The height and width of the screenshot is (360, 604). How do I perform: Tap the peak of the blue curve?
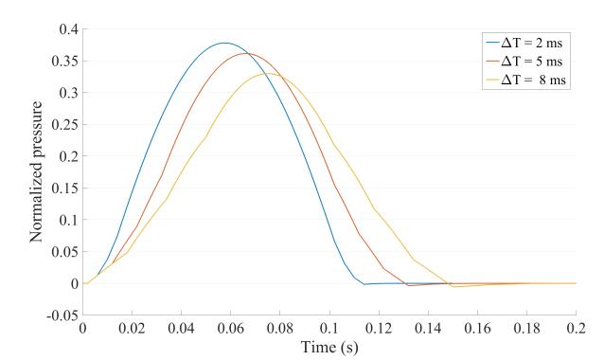224,43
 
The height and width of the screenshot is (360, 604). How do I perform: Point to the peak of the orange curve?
247,53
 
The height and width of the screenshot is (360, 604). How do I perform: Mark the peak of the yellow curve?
269,73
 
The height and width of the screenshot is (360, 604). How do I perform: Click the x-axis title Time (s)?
329,346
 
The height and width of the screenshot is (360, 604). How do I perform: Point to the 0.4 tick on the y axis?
66,29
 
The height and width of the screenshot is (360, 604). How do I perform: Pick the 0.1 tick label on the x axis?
329,328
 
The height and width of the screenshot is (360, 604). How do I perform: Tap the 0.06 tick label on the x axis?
230,328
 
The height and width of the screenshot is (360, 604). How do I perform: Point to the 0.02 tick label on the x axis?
132,328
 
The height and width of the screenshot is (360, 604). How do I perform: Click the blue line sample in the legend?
496,42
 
